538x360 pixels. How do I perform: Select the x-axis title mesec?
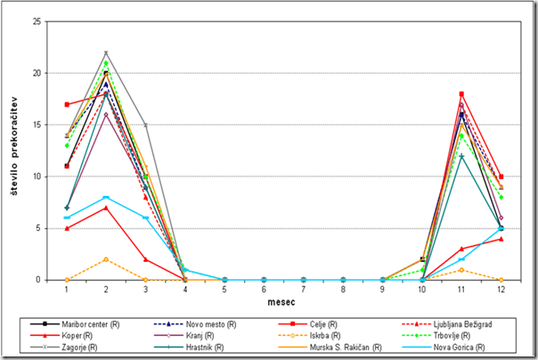pyautogui.click(x=283, y=303)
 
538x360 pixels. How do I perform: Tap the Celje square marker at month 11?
pyautogui.click(x=461, y=94)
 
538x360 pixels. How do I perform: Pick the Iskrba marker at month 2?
pyautogui.click(x=106, y=259)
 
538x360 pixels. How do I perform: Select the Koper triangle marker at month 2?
pyautogui.click(x=106, y=208)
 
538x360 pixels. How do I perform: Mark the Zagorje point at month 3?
pyautogui.click(x=145, y=125)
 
